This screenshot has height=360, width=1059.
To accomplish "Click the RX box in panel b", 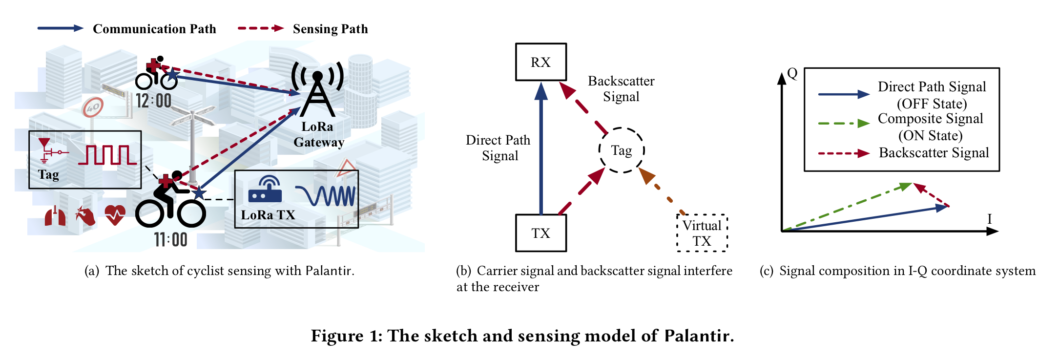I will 540,62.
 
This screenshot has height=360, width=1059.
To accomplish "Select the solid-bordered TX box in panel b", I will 540,233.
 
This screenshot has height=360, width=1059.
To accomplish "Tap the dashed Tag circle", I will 621,150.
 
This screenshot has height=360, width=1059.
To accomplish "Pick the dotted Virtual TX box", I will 702,233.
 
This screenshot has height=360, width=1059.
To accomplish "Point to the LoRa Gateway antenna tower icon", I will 317,90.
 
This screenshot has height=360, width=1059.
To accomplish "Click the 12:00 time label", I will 153,101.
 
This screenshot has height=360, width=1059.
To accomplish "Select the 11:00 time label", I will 170,240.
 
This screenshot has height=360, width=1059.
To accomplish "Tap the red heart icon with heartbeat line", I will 115,215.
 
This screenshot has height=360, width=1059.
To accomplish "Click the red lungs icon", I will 55,216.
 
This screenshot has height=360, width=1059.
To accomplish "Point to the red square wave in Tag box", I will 107,155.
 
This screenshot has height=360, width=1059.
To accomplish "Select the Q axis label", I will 792,74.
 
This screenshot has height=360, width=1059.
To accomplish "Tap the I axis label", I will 990,219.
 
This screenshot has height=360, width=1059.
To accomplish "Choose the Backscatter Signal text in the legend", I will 934,153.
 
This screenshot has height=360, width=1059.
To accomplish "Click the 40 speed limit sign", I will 93,107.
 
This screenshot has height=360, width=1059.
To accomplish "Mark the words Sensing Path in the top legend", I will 330,29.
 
